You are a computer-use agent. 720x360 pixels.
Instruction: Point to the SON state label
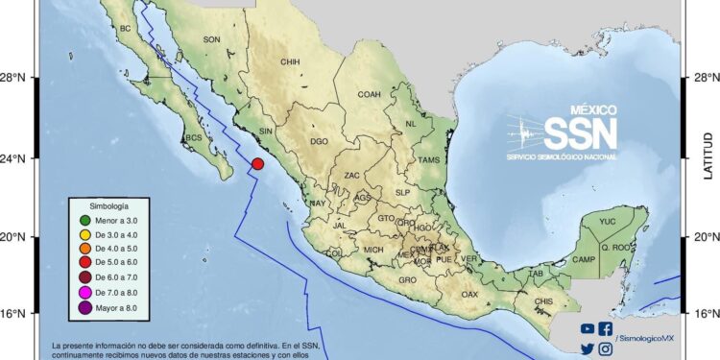tap(212, 39)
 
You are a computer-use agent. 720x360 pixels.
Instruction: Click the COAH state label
tap(370, 94)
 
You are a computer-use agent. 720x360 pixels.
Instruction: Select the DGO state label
tap(319, 141)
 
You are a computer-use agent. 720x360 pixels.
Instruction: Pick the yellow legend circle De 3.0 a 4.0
tap(86, 236)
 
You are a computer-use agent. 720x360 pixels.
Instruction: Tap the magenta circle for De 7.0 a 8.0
tap(86, 293)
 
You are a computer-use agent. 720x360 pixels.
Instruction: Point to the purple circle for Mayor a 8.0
tap(86, 307)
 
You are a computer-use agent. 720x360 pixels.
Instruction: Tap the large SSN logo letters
tap(580, 132)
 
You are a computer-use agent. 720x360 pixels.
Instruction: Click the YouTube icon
tap(588, 329)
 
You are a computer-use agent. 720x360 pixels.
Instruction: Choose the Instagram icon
tap(606, 349)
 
